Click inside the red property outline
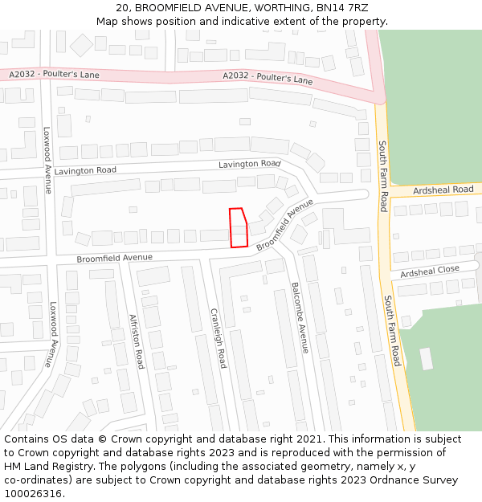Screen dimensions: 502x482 tap(238, 228)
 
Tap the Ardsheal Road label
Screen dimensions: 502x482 tap(443, 190)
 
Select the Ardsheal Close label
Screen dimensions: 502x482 tap(430, 271)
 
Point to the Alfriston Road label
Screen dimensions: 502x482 tap(137, 341)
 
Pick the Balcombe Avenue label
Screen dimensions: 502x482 tap(299, 317)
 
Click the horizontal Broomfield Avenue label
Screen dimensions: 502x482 tap(114, 258)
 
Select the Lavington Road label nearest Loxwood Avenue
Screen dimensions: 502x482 tap(86, 170)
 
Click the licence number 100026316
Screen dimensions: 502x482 tap(34, 494)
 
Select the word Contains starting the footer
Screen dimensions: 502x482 tap(28, 439)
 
